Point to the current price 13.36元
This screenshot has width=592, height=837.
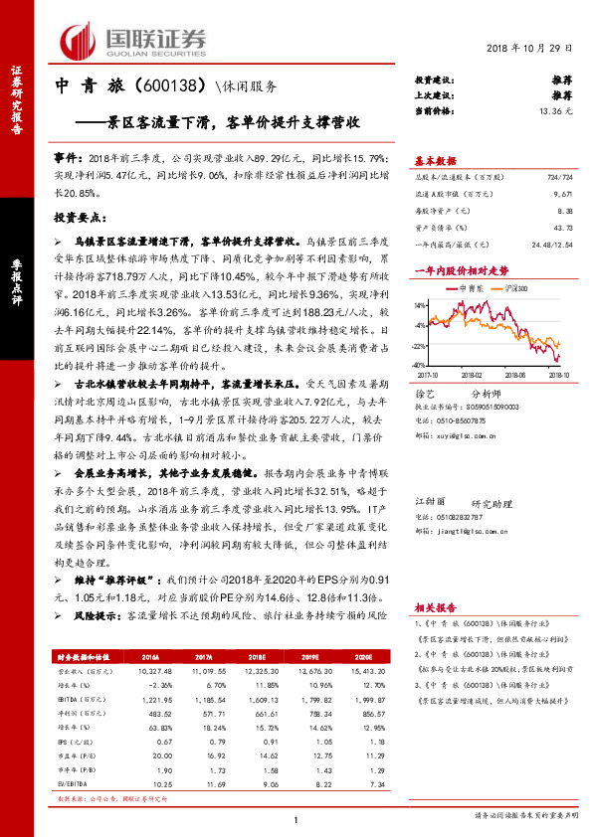[556, 111]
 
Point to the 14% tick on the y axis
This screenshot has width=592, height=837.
[422, 304]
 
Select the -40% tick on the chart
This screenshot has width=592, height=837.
[421, 365]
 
